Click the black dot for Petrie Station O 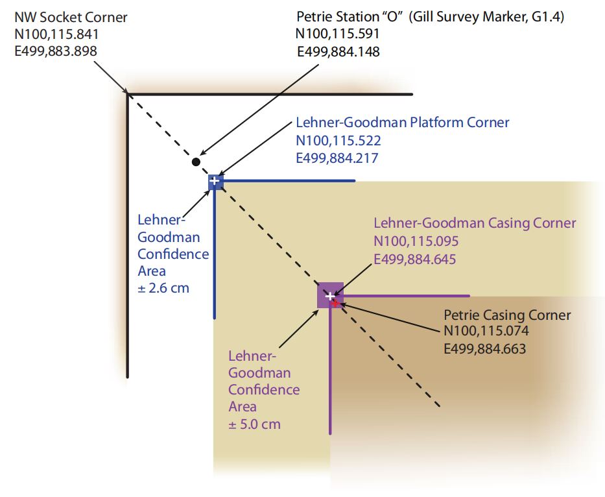[x=196, y=161]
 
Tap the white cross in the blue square [x=215, y=180]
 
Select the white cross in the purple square [x=330, y=296]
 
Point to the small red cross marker [x=335, y=302]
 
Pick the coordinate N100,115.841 [x=56, y=34]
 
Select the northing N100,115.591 [x=337, y=34]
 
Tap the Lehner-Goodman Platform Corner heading [x=402, y=122]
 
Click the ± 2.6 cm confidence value [x=163, y=288]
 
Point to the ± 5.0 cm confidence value [x=254, y=424]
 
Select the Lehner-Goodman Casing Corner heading [x=475, y=223]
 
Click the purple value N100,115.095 [x=416, y=241]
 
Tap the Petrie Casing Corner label [x=507, y=315]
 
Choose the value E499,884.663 [x=484, y=348]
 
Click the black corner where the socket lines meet [x=128, y=95]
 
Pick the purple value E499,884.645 [x=415, y=260]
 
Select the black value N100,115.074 [x=486, y=332]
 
